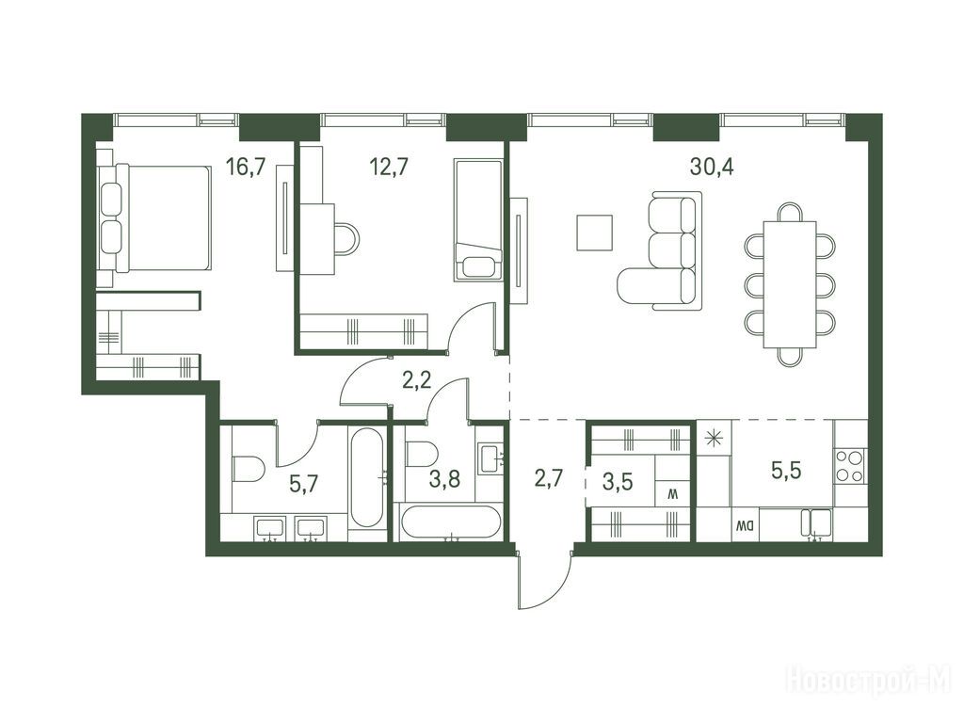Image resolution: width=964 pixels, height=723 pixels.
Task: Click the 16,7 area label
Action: [x=246, y=167]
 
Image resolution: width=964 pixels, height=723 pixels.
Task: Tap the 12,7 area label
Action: [x=388, y=167]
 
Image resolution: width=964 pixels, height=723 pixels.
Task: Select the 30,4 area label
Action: [x=712, y=167]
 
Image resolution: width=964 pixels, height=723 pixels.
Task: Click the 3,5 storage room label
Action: [x=618, y=481]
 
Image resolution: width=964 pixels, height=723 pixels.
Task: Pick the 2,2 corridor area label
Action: [x=416, y=380]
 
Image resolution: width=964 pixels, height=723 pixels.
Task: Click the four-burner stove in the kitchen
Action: [x=850, y=465]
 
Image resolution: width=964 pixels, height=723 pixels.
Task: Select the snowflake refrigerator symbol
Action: [x=714, y=439]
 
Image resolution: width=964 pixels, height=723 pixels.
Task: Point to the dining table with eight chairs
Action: [x=790, y=284]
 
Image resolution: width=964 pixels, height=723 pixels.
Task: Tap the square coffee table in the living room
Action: [x=595, y=233]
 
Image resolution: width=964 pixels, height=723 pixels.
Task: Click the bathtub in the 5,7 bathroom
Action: [x=367, y=477]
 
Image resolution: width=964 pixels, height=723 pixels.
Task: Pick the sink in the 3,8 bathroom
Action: [x=490, y=458]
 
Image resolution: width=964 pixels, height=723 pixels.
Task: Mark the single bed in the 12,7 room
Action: [x=477, y=219]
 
